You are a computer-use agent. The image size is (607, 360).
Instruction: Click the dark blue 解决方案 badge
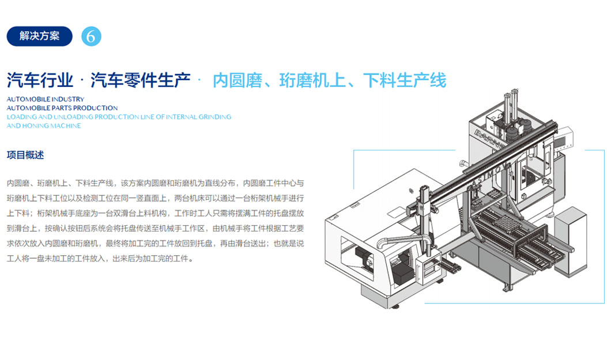[39, 36]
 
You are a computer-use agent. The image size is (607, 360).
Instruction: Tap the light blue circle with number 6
[91, 36]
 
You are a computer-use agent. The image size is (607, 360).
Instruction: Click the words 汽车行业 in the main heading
[40, 81]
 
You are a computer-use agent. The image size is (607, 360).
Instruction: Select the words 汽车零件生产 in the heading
[140, 81]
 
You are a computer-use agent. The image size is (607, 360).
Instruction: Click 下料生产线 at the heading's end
[405, 81]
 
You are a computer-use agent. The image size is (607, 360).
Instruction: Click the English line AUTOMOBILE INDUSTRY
[46, 100]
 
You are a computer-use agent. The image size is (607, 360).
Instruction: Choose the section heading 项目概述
[25, 155]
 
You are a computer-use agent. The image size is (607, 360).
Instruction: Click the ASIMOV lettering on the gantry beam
[492, 173]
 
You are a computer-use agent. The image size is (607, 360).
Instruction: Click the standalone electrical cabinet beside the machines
[570, 242]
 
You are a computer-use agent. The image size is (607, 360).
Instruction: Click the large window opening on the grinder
[357, 257]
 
